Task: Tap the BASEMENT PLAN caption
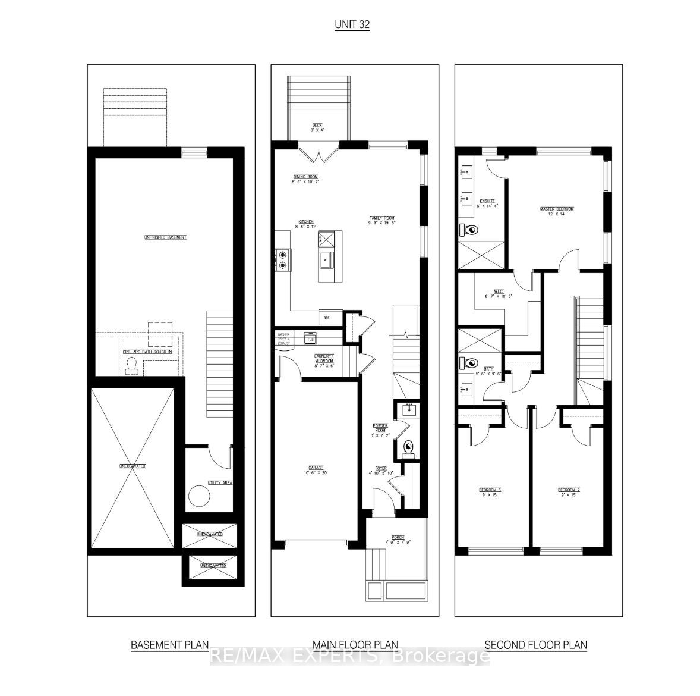click(x=169, y=644)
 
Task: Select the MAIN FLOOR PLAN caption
click(x=355, y=644)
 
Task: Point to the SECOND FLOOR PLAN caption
click(x=535, y=644)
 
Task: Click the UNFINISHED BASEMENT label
click(x=165, y=237)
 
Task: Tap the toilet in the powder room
click(x=408, y=448)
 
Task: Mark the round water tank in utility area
click(x=198, y=495)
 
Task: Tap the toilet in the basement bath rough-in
click(x=131, y=369)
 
